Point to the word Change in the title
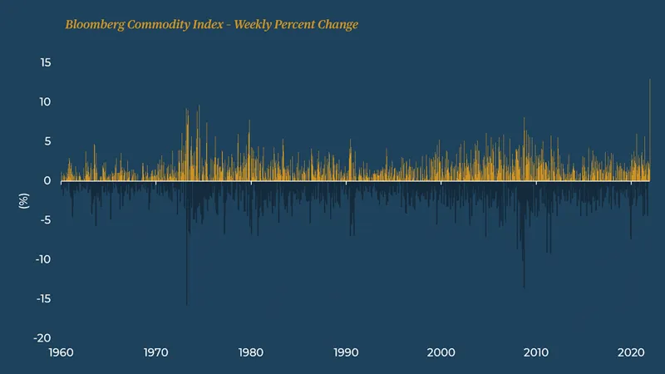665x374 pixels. click(x=338, y=25)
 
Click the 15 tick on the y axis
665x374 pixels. click(x=46, y=63)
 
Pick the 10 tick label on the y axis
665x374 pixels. click(x=46, y=102)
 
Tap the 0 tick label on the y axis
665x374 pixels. click(x=48, y=181)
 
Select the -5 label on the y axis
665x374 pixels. click(x=47, y=220)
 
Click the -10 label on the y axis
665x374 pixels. click(x=44, y=259)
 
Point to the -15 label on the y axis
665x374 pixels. click(x=44, y=299)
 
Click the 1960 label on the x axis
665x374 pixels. click(x=61, y=353)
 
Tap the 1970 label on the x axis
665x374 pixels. click(x=155, y=353)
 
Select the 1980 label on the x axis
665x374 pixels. click(x=251, y=353)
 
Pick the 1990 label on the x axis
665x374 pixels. click(x=346, y=353)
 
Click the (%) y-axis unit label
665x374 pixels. click(x=24, y=200)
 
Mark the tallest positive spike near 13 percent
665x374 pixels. click(x=649, y=83)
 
